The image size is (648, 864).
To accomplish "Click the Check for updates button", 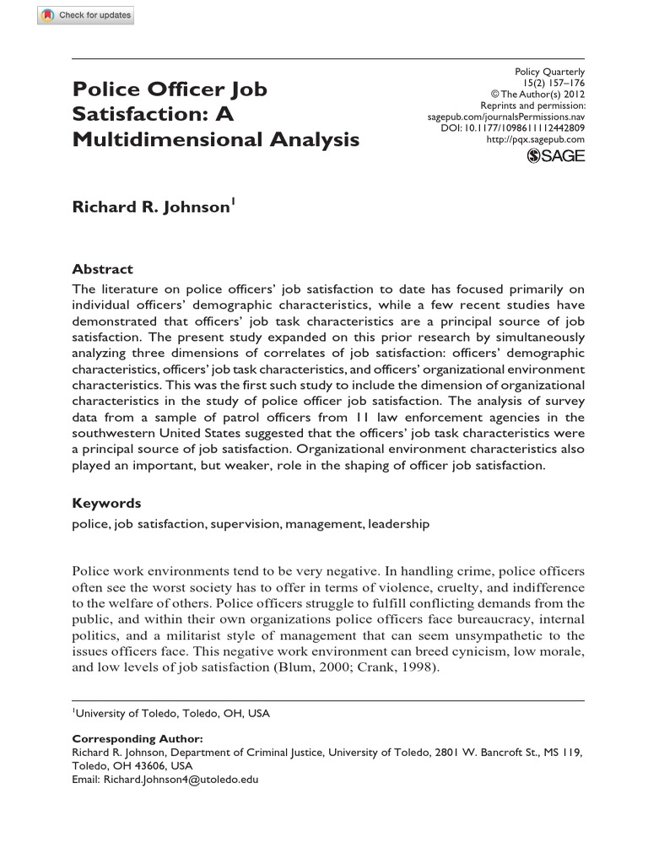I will (x=85, y=16).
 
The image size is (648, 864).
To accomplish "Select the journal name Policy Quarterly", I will (x=549, y=73).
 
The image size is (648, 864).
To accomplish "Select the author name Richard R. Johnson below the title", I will (x=150, y=207).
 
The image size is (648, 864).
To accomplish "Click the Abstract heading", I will (x=102, y=269).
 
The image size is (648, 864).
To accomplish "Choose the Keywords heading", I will (x=106, y=503).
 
